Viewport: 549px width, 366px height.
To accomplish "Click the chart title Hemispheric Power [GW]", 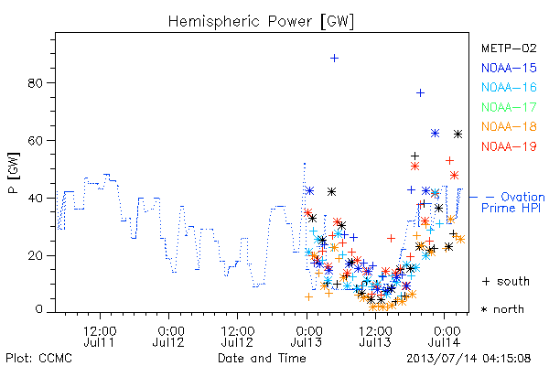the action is pos(261,21).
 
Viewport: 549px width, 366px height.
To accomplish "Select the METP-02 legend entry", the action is pos(509,48).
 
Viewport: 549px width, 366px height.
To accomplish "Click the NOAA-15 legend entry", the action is pos(509,68).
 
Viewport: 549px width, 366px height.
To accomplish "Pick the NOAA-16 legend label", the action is pos(509,87).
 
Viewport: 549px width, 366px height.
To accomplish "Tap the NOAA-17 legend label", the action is pos(509,107).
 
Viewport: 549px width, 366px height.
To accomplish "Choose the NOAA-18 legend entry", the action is pos(509,126).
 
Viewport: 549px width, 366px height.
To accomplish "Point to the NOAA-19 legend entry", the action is pos(509,146).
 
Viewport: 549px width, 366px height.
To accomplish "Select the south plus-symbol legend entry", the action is pos(506,281).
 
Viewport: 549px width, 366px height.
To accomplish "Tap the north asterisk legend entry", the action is pos(502,309).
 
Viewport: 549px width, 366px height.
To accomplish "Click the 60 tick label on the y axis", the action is pos(35,140).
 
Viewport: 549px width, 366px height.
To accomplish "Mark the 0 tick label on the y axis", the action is pos(38,309).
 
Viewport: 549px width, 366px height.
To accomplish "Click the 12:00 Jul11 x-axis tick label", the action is pos(100,337).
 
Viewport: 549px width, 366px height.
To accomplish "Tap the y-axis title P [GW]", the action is pos(14,173).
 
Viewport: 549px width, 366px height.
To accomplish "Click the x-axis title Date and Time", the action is pos(262,358).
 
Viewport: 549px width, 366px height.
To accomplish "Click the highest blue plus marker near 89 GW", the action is pos(334,58).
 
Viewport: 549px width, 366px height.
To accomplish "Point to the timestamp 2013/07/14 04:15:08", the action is pos(468,359).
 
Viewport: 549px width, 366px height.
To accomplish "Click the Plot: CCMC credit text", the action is pos(38,359).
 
